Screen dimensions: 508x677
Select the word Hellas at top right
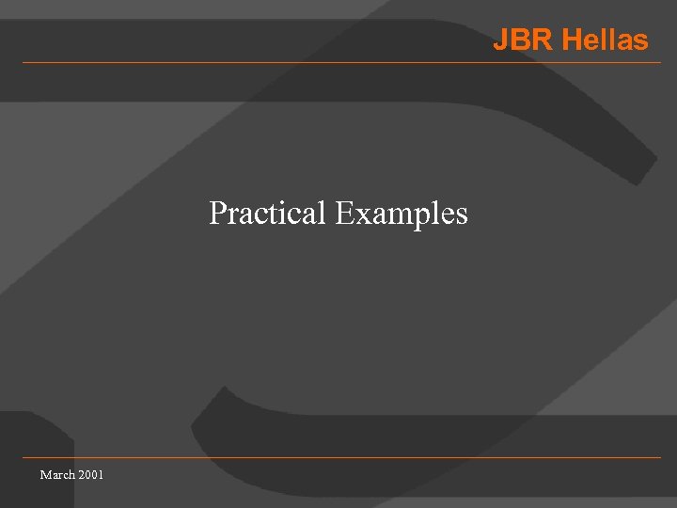click(605, 40)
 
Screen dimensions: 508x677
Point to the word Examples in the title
click(401, 214)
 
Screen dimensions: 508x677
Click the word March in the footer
click(57, 474)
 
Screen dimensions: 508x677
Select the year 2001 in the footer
click(92, 474)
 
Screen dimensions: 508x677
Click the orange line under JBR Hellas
click(338, 63)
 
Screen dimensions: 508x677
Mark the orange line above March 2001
click(338, 458)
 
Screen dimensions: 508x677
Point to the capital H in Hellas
click(572, 40)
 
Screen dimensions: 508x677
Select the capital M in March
click(45, 474)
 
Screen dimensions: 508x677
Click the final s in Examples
click(461, 215)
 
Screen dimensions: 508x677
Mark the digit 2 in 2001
click(83, 474)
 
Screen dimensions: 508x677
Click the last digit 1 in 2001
click(102, 474)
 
